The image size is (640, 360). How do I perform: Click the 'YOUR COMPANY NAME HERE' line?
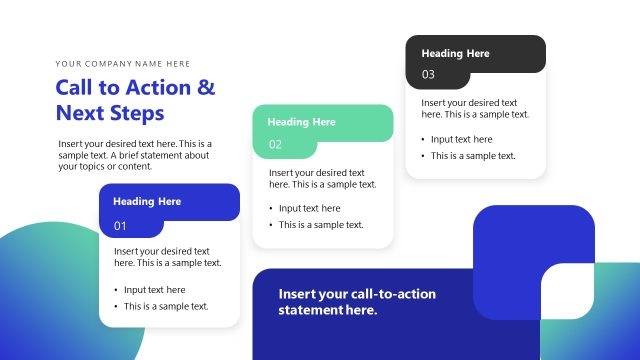pos(123,63)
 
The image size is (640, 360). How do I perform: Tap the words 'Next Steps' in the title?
pos(110,112)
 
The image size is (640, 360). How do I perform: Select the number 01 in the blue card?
pos(121,226)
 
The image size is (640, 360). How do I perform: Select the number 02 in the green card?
pos(275,145)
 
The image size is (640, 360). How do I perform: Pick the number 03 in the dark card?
pos(428,75)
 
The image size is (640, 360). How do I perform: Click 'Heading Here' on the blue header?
pos(147,201)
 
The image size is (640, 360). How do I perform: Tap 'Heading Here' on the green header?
pos(301,122)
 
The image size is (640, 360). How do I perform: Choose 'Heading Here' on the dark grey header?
pos(455,53)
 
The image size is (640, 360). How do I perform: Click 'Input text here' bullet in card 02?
pos(309,209)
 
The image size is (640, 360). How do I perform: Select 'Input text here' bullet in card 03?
pos(461,140)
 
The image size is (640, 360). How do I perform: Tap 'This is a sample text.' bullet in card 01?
pos(166,306)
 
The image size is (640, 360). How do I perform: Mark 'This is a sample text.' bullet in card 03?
pos(473,156)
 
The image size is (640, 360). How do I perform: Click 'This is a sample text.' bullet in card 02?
pos(321,225)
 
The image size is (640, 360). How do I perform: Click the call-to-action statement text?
pos(357,302)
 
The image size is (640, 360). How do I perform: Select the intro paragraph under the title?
pos(135,155)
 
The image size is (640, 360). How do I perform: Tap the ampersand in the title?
pos(206,87)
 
